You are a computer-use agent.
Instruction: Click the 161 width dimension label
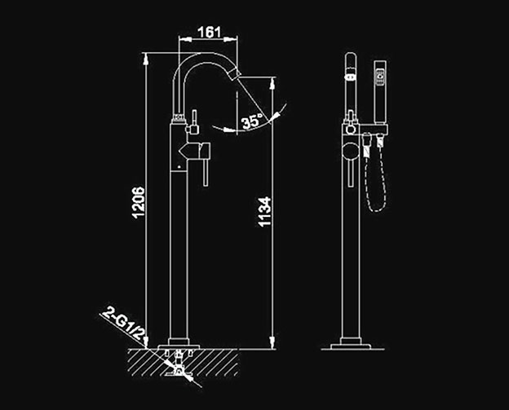pos(209,32)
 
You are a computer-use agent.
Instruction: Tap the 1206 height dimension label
pos(138,202)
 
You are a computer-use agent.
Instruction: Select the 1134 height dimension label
pos(264,211)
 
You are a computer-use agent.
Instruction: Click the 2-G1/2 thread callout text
pos(124,324)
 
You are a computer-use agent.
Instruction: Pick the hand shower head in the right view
pos(380,92)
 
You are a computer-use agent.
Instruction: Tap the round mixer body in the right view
pos(351,152)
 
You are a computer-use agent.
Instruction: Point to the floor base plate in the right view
pos(351,346)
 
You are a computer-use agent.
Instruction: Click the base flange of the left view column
pos(179,344)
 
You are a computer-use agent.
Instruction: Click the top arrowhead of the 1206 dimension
pos(146,58)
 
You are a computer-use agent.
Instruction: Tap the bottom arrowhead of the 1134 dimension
pos(272,343)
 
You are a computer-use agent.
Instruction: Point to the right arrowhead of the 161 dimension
pos(231,39)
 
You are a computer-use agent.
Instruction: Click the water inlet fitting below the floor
pos(179,364)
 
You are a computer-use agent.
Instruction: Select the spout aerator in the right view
pos(350,77)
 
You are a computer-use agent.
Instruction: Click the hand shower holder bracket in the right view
pos(374,129)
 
